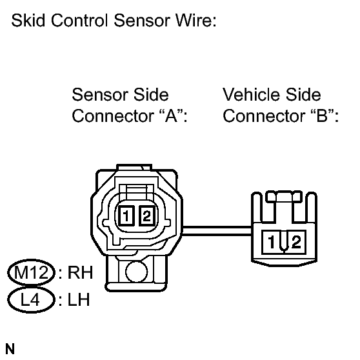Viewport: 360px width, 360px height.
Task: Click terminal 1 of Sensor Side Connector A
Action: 126,216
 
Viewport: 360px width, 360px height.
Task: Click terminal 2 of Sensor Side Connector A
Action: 147,216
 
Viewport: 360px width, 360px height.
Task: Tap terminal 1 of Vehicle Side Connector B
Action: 272,242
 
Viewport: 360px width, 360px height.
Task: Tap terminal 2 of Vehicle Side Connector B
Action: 296,242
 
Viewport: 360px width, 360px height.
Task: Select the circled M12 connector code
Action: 32,272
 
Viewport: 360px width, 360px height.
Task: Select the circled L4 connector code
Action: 32,300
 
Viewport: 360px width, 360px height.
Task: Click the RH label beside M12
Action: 80,272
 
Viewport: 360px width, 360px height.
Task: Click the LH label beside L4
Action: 79,300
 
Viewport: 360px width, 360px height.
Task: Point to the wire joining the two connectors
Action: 217,231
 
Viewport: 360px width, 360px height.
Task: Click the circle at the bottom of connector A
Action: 137,272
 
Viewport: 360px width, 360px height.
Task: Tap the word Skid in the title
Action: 28,21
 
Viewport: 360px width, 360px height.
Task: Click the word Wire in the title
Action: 196,21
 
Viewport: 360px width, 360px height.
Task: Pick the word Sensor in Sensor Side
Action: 100,95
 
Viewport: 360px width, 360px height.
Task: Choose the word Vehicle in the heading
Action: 251,95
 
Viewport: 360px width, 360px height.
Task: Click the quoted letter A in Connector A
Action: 171,115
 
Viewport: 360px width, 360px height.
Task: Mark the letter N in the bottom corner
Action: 10,349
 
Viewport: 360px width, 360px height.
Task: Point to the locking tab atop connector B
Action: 284,197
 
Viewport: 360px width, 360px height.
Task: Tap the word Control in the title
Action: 79,21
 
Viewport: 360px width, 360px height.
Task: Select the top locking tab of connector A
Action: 134,167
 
